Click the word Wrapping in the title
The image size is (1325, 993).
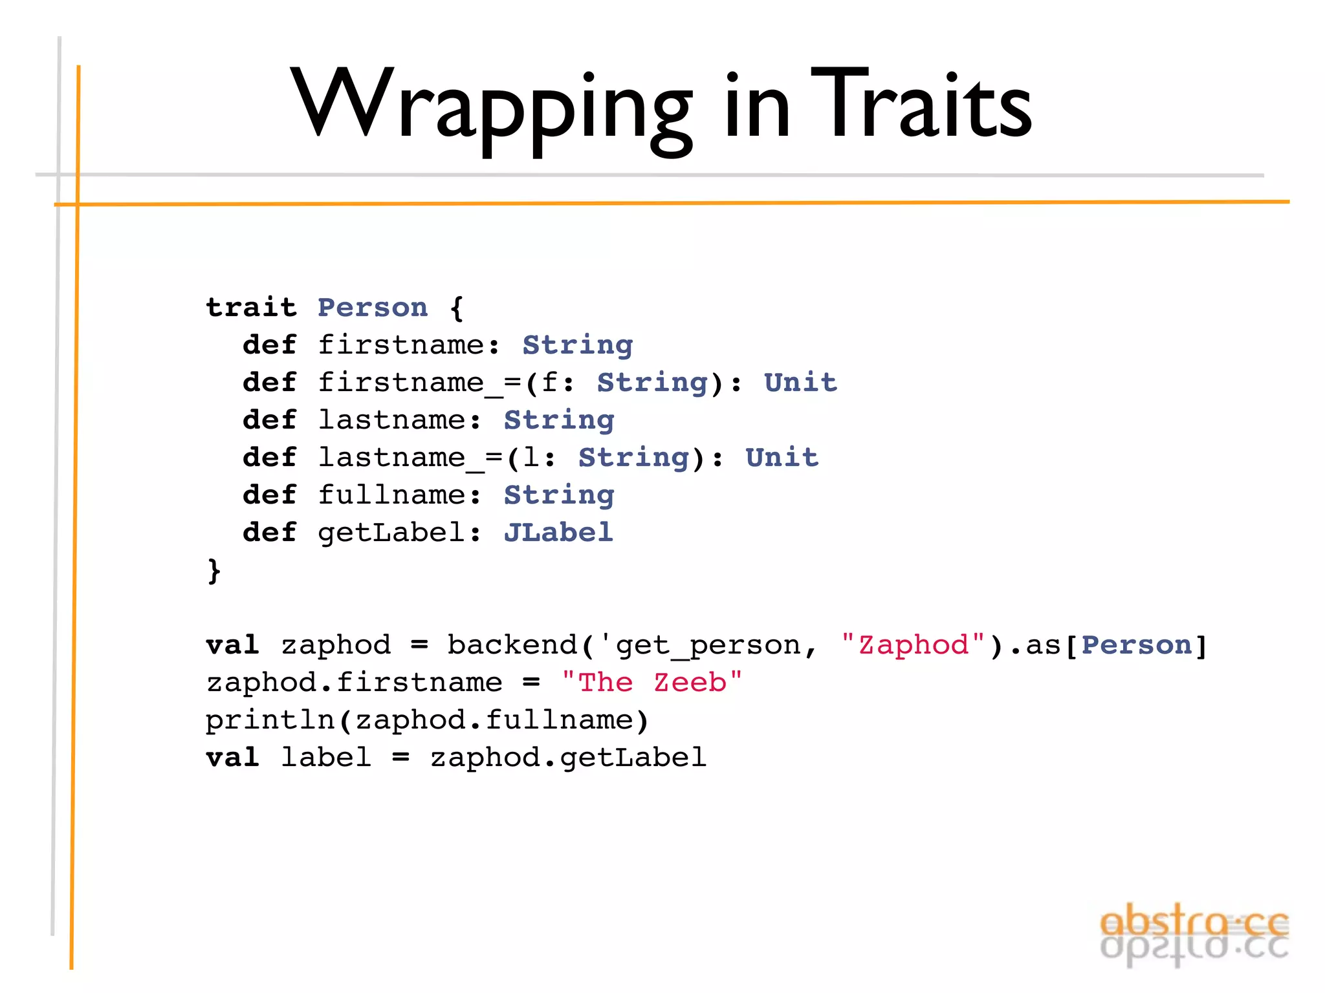(x=492, y=107)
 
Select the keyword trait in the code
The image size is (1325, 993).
(x=251, y=307)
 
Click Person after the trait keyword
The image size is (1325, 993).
(x=373, y=308)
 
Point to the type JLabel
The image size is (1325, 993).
(x=558, y=533)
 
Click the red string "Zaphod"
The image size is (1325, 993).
(x=913, y=645)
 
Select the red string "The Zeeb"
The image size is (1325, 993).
(x=652, y=682)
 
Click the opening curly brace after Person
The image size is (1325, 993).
(x=457, y=308)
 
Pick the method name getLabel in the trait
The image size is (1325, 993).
(x=391, y=533)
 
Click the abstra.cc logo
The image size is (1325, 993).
(x=1194, y=934)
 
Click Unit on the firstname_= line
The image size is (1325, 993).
(x=800, y=382)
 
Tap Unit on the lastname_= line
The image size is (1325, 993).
(x=782, y=457)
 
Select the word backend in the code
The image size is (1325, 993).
(x=512, y=645)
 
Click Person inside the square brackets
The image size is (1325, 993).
(x=1136, y=645)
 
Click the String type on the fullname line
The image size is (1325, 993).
(x=559, y=495)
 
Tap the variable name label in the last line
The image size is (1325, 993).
(x=326, y=757)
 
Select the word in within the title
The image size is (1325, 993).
(x=757, y=107)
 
